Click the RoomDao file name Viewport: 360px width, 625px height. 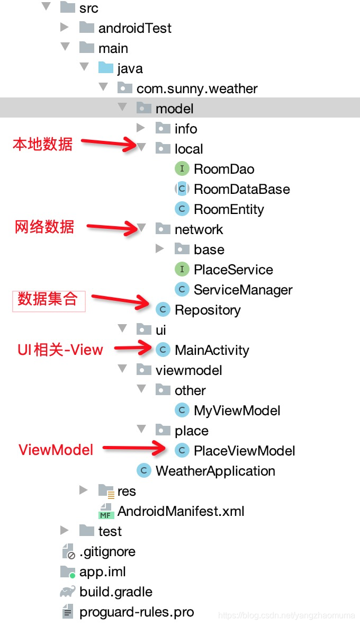coord(224,169)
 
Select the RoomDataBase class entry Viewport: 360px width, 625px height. coord(241,189)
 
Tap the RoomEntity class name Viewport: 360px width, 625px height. coord(229,209)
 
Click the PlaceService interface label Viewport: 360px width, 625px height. coord(233,270)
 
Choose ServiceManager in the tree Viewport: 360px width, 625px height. coord(242,290)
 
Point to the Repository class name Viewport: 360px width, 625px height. coord(208,310)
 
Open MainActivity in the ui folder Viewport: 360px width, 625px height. coord(212,350)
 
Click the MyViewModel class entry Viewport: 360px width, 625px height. coord(237,410)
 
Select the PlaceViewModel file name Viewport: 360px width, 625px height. coord(244,451)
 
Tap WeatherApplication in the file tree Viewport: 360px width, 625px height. coord(215,471)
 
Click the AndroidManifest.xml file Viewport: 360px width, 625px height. coord(181,511)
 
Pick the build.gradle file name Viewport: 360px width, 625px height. coord(115,592)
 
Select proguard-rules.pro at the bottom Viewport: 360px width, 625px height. coord(137,612)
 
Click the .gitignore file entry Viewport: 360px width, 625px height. coord(107,551)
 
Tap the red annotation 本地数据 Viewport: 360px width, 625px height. coord(42,144)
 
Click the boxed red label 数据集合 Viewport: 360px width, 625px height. coord(48,299)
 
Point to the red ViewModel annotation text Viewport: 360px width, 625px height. coord(56,450)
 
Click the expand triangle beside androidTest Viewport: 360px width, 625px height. coord(65,27)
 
